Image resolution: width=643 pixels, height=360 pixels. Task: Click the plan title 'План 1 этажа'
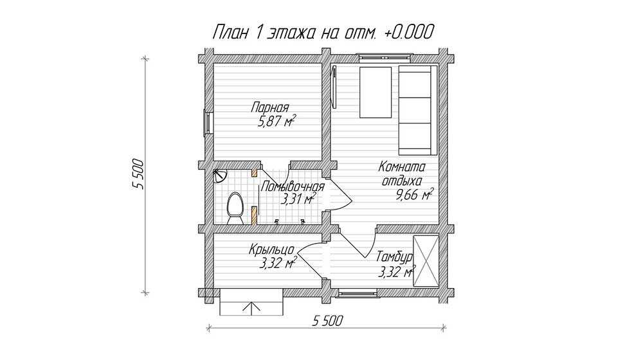point(263,32)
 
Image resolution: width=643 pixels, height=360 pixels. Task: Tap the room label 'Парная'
point(270,108)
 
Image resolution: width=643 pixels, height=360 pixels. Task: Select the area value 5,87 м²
point(276,122)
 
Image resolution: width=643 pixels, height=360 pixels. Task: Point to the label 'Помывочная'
point(293,187)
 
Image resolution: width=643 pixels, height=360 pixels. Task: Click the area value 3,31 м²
point(298,199)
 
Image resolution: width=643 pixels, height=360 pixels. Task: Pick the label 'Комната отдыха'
point(402,174)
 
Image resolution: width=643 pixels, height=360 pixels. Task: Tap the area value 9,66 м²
point(414,195)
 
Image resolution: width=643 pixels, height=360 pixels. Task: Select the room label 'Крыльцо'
point(271,249)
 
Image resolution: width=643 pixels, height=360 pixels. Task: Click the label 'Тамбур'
point(395,258)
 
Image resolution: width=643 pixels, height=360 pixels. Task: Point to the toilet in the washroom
point(235,208)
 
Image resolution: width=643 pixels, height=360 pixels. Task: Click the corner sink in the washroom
point(219,176)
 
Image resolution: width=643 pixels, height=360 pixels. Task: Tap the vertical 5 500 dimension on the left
point(139,174)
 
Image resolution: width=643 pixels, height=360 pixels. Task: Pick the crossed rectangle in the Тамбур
point(426,261)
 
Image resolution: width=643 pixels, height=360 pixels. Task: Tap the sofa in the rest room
point(418,110)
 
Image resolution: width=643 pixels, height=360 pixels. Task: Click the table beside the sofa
point(376,93)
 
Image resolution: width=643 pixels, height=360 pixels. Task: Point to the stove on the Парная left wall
point(208,123)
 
